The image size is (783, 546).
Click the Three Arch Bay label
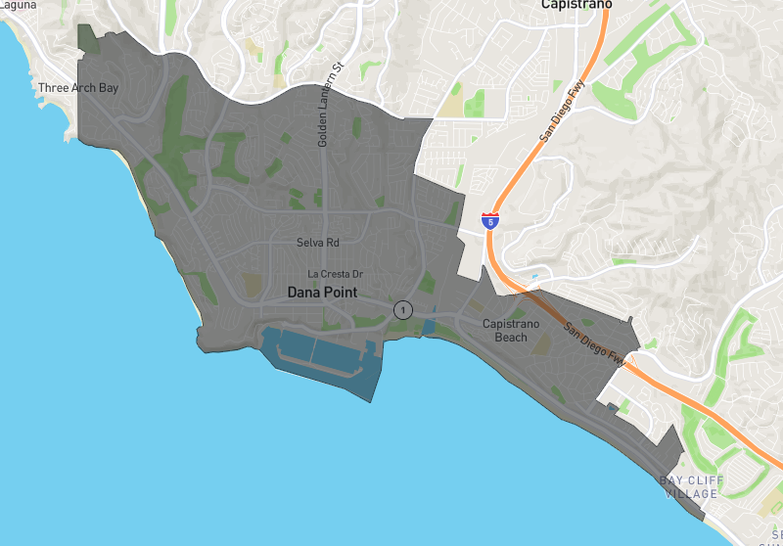click(78, 88)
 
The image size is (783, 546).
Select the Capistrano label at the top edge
click(576, 5)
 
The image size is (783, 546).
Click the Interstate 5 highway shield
click(489, 220)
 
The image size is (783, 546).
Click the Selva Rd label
click(319, 242)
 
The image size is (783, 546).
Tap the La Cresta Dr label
click(336, 274)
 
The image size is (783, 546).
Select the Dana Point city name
click(322, 293)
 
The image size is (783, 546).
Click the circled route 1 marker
click(402, 309)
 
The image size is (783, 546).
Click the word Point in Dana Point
click(340, 293)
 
